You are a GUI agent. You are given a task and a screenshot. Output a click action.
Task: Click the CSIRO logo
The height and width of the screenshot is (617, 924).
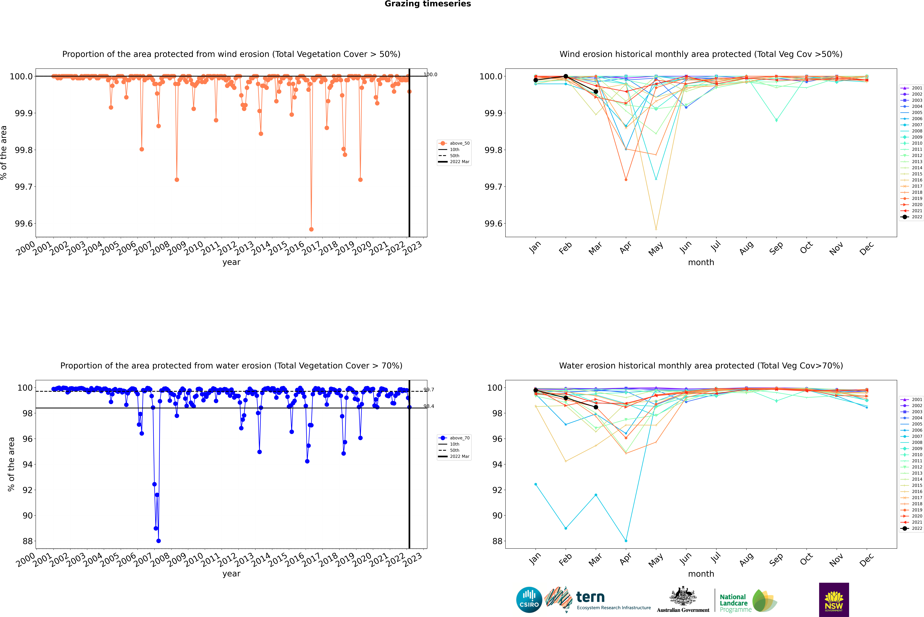(529, 600)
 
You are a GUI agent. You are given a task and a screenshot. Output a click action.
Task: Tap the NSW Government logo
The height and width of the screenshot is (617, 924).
(834, 600)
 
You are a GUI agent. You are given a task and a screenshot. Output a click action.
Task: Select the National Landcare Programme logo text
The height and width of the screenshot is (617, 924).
(733, 603)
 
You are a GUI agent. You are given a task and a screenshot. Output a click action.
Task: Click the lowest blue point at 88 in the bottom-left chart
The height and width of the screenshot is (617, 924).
(158, 541)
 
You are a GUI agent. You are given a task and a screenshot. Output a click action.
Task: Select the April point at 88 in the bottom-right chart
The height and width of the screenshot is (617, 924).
(626, 541)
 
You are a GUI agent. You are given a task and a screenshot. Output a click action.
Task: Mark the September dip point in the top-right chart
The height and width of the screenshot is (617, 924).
(776, 120)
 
